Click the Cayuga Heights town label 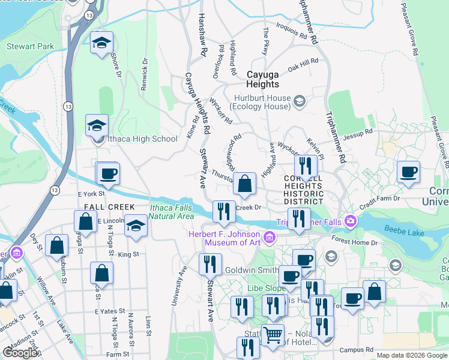coord(263,79)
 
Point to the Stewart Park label coord(30,46)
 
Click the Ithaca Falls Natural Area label coord(171,212)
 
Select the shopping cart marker coord(273,334)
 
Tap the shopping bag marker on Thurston coord(244,184)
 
